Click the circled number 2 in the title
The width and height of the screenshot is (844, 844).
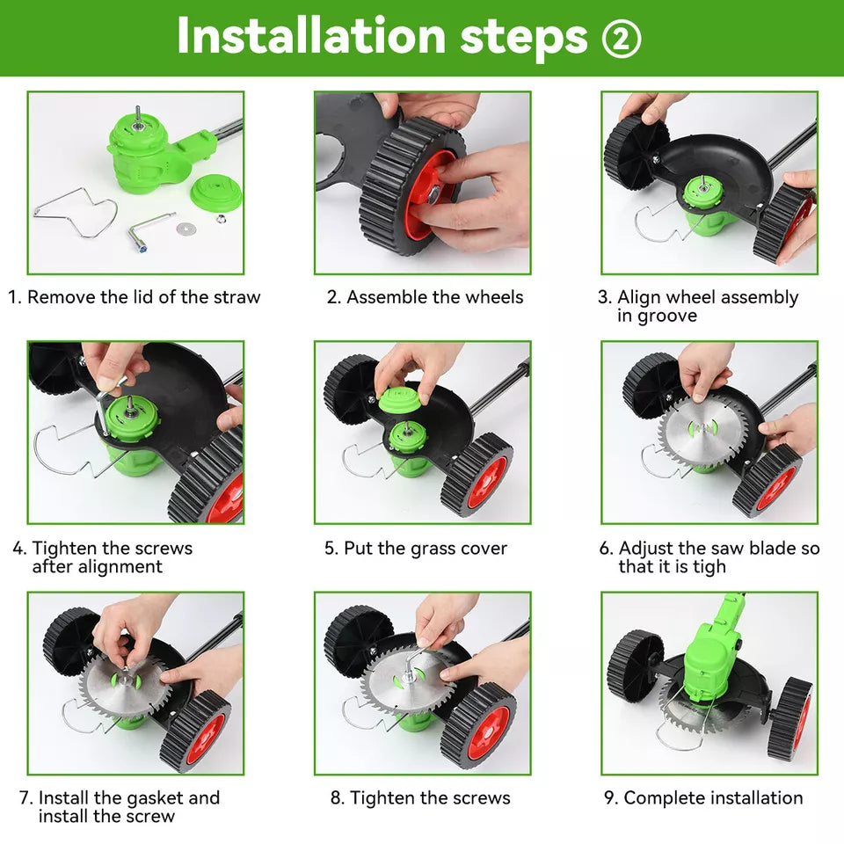pyautogui.click(x=622, y=37)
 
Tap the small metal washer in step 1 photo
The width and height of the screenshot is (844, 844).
pyautogui.click(x=185, y=229)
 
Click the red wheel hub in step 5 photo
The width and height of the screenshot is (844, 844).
pyautogui.click(x=485, y=481)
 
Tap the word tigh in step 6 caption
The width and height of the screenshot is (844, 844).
pyautogui.click(x=709, y=567)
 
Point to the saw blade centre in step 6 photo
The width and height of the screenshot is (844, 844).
pyautogui.click(x=704, y=427)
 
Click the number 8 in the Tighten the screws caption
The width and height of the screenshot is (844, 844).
pyautogui.click(x=336, y=798)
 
